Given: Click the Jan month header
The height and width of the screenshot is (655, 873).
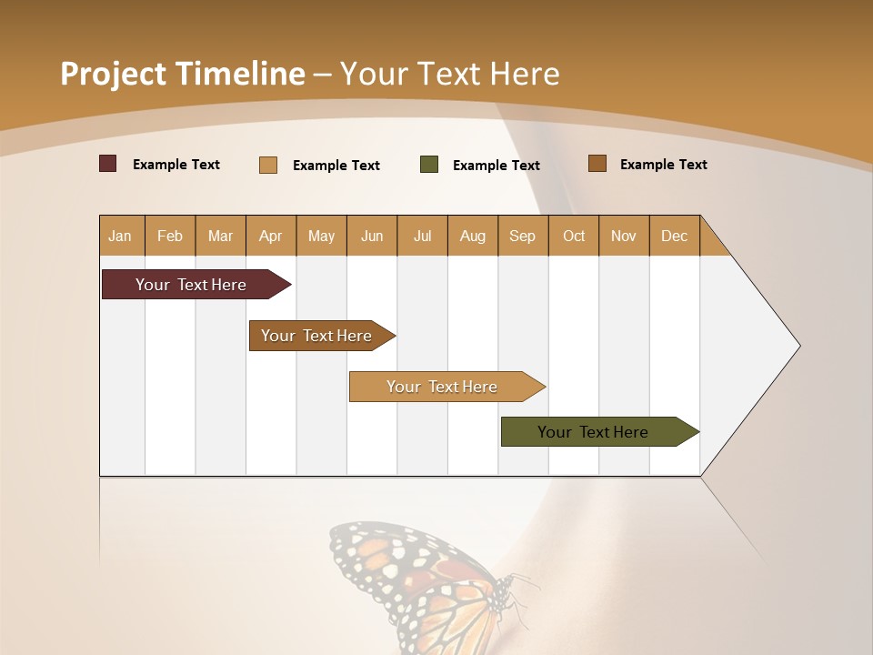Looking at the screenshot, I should (121, 236).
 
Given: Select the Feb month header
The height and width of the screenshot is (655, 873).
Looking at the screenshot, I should (170, 236).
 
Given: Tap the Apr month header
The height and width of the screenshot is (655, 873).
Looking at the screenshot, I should (270, 236).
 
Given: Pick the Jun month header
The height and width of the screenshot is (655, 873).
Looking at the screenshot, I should (372, 236).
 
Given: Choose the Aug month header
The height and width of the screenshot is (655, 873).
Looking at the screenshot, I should (472, 236).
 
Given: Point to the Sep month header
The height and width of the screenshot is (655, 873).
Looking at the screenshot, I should (522, 236).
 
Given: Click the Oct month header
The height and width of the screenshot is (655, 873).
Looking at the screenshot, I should (574, 236).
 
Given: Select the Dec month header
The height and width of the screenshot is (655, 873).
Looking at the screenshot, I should (674, 236).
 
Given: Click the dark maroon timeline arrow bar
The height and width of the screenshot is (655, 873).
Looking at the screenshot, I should (191, 285).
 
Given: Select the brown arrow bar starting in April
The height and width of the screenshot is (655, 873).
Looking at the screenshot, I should (316, 336).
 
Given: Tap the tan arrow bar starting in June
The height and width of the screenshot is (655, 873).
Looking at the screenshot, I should (442, 387).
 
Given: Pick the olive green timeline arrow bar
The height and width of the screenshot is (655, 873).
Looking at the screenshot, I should (593, 432).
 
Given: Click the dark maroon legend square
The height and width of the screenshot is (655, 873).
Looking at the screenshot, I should (108, 164).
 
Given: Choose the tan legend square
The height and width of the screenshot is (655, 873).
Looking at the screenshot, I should (268, 165).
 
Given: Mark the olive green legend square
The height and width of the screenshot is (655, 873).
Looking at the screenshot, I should (429, 165).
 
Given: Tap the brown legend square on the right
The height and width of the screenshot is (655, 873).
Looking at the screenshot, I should (597, 164).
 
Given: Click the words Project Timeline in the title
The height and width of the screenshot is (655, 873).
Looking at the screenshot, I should (182, 74).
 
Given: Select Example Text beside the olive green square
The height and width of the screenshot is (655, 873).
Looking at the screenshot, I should (496, 166).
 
